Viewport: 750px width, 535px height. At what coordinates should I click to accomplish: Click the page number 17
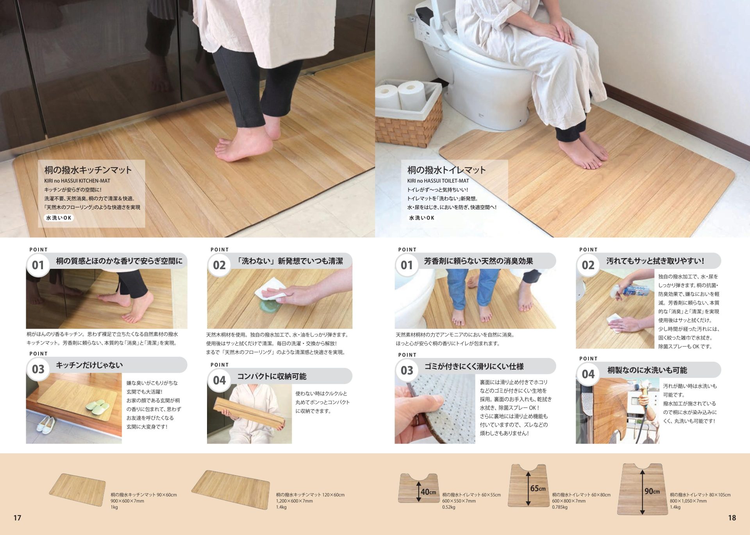point(17,518)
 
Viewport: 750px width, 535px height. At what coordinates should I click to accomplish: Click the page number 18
point(732,518)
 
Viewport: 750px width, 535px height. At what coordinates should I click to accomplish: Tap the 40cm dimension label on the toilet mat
point(429,492)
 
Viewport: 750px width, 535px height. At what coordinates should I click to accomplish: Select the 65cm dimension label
point(538,488)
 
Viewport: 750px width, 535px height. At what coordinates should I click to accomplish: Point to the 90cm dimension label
point(652,491)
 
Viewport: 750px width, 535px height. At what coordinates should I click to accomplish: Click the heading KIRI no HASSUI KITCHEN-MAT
point(77,181)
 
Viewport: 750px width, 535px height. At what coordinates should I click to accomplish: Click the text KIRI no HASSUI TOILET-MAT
point(438,181)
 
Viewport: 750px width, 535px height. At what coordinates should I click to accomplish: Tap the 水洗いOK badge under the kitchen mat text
point(59,218)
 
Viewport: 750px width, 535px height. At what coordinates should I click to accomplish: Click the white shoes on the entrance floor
point(46,424)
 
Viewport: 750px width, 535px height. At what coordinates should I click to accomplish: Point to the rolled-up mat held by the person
point(249,414)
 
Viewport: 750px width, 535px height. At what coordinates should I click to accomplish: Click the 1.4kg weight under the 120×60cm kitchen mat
point(281,507)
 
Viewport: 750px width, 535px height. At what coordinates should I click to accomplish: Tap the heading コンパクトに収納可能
point(272,376)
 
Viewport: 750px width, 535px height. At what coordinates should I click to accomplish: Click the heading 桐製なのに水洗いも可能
point(647,370)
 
